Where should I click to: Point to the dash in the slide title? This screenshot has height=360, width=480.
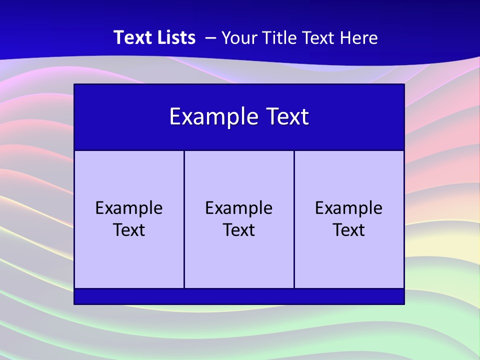coord(210,38)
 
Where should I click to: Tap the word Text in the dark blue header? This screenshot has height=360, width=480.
coord(286,117)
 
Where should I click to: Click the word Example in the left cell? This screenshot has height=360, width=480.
coord(129,208)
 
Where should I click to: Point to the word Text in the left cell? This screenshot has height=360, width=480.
coord(129,230)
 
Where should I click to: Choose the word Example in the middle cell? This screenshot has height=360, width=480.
coord(239,208)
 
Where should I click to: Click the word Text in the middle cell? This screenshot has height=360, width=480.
coord(239,230)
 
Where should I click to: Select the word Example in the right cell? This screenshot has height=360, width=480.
coord(349,208)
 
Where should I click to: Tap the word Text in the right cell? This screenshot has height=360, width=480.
coord(349,230)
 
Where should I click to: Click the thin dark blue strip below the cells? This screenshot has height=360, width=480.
coord(239,296)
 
